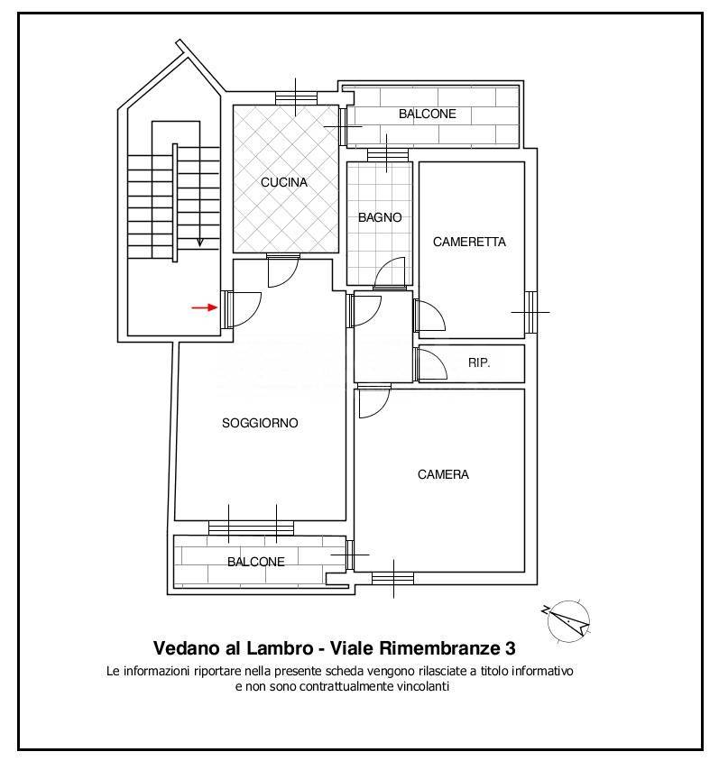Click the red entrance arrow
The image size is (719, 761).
204,307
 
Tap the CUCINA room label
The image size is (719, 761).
284,182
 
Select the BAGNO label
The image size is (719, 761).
380,217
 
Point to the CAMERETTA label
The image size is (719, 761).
469,242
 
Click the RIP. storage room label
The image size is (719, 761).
479,362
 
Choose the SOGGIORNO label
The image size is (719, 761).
260,423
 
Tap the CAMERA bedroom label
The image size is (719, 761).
443,474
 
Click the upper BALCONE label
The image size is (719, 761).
428,114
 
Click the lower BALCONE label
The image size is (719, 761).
256,562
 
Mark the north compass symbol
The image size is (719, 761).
567,619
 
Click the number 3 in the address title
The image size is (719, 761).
511,648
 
